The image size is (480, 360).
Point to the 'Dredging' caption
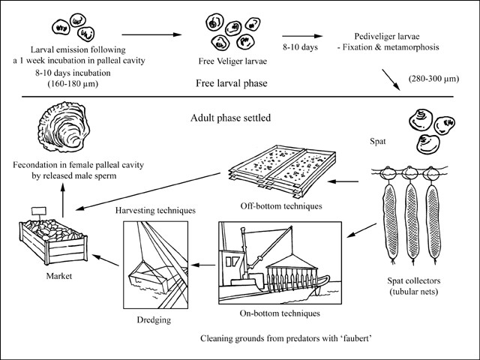pyautogui.click(x=153, y=320)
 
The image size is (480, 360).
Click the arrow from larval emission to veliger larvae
pyautogui.click(x=152, y=34)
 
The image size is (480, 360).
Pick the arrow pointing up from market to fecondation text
pyautogui.click(x=64, y=201)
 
